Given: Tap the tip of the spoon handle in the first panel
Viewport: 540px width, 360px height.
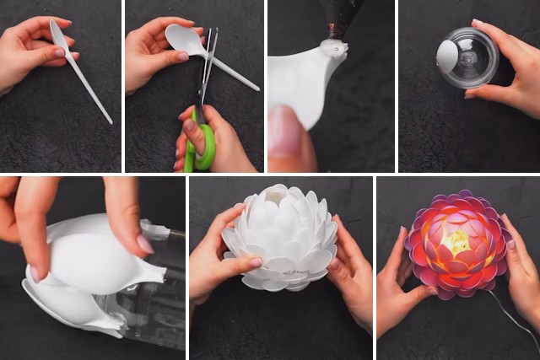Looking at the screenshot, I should coord(110,121).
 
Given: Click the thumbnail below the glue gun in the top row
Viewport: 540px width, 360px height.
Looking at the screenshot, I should coord(287,131).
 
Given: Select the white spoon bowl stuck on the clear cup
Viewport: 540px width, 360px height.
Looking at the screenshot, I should coord(447,54).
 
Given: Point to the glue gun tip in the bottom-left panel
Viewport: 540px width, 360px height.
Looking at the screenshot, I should coord(155,229).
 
